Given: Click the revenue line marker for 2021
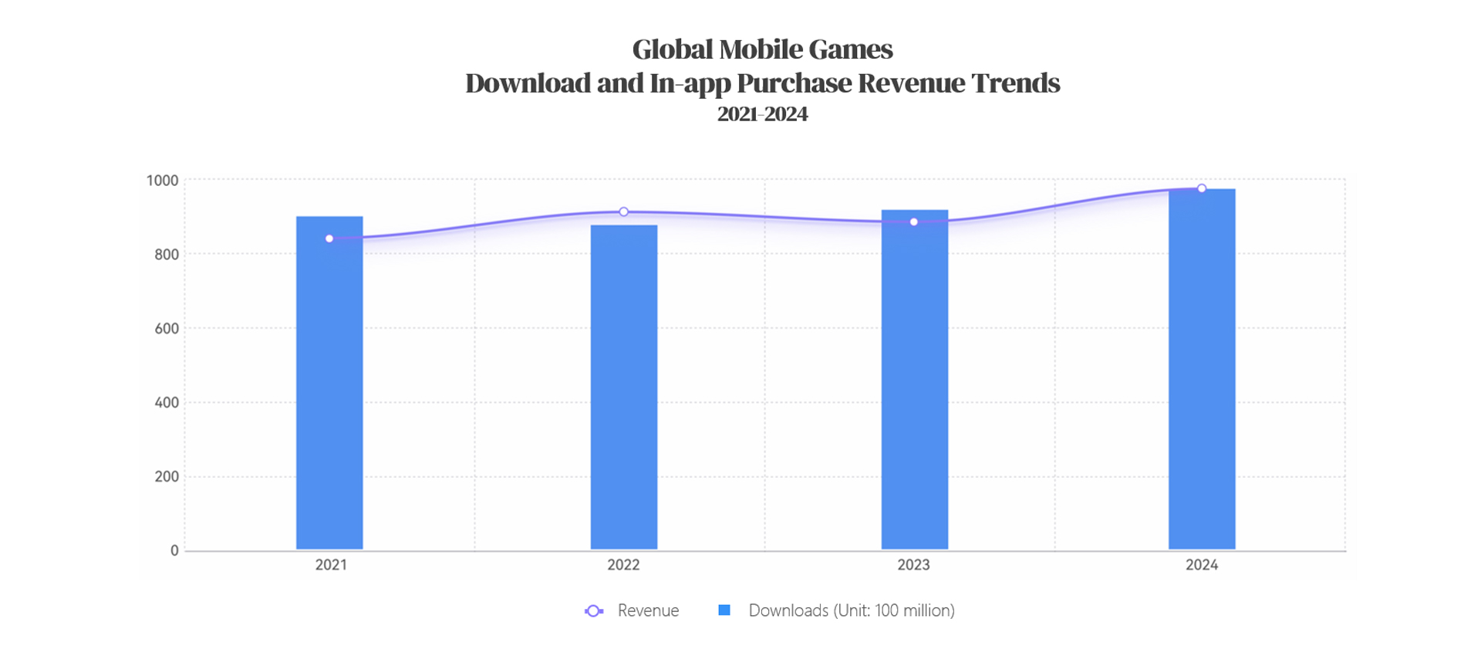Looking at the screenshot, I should click(x=329, y=238).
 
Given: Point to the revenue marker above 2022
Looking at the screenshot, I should click(x=623, y=211).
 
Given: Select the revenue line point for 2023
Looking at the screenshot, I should click(x=914, y=222).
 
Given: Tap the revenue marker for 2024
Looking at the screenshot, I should click(x=1202, y=188).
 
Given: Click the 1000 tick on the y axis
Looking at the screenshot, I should click(x=162, y=181).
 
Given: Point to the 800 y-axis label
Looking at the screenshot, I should click(x=167, y=255).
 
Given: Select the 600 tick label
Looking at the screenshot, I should click(x=167, y=329).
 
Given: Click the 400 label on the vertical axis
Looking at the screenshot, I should click(x=167, y=403).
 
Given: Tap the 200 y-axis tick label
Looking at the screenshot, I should click(x=167, y=477).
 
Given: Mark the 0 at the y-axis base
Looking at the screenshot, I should click(x=174, y=551).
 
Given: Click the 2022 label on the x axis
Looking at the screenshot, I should click(x=623, y=565).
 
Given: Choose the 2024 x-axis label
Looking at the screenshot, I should click(x=1202, y=565).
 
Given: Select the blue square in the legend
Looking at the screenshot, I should click(x=724, y=610).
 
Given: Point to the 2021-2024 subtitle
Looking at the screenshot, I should click(x=762, y=114).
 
